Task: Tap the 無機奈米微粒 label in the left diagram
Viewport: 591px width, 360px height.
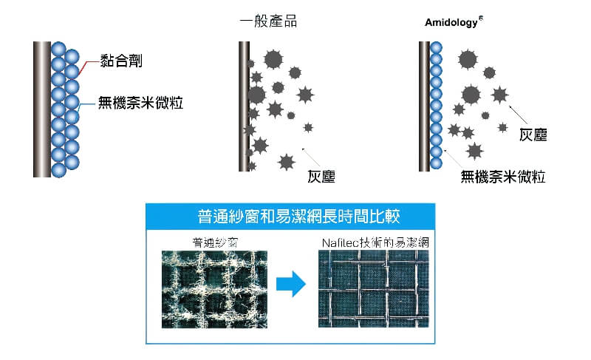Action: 140,103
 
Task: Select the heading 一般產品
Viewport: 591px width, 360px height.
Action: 269,21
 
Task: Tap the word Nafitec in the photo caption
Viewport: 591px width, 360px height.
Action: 338,241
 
